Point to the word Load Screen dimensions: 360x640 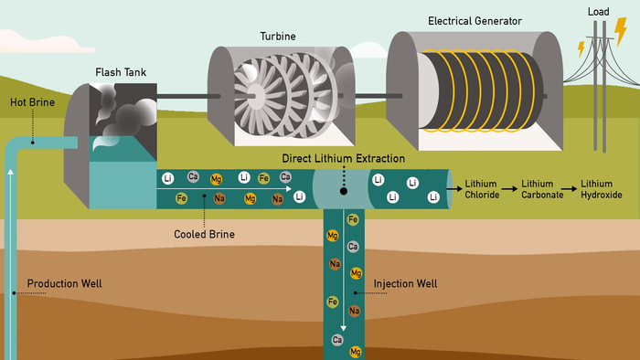click(x=599, y=11)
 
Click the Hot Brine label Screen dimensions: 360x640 click(x=33, y=102)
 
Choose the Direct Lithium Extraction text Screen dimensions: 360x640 click(x=343, y=159)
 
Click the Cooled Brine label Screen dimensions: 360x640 click(x=204, y=234)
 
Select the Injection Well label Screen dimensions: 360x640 click(x=405, y=283)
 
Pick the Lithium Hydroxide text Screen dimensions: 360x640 click(x=602, y=189)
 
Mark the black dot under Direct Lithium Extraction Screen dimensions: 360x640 click(x=343, y=192)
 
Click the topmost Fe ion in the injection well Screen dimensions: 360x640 click(x=353, y=219)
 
